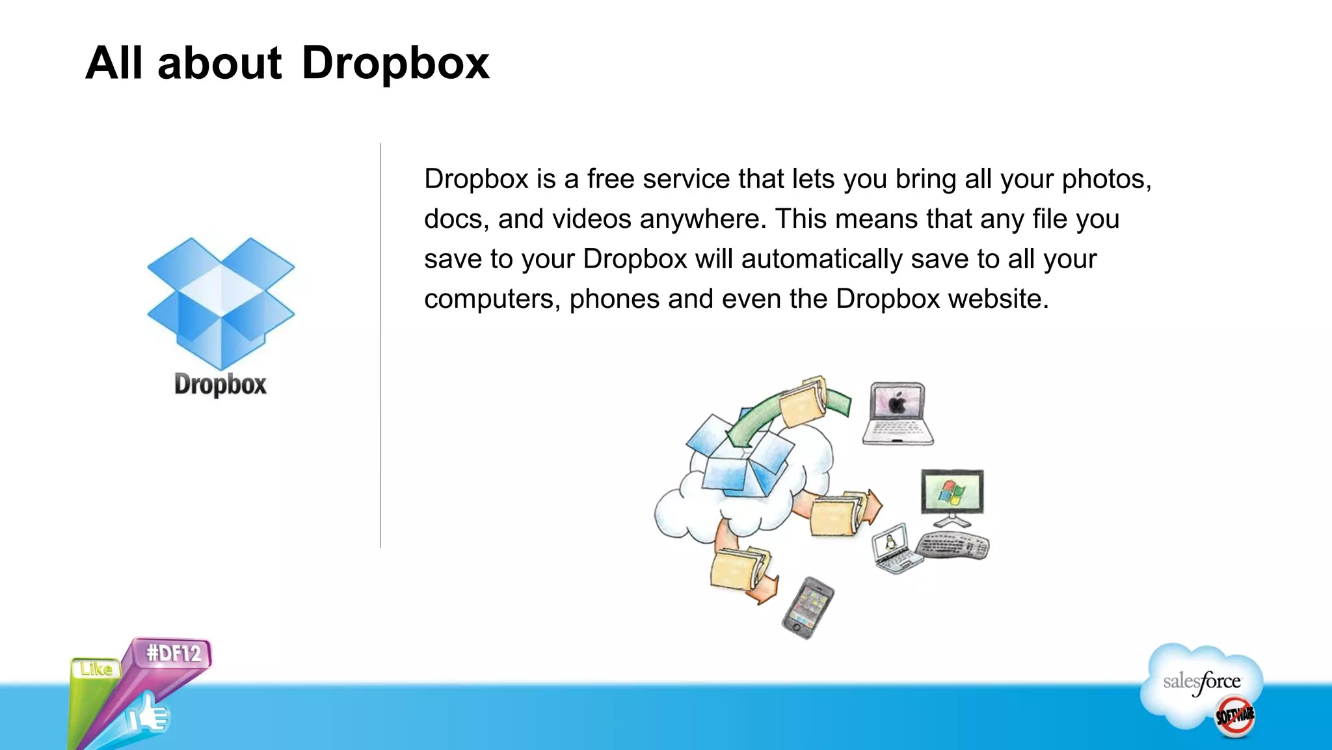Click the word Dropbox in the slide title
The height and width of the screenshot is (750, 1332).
pos(395,64)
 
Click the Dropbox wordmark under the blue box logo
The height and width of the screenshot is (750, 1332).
pos(220,384)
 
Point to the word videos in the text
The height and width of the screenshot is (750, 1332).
pos(591,219)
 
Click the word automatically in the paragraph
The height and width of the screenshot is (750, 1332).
pos(821,260)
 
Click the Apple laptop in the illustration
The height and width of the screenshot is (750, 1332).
pos(898,414)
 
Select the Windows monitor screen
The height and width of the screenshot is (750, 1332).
pos(952,492)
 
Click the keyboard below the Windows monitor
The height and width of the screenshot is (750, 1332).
pos(953,546)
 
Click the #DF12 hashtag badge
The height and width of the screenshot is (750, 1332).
pos(174,653)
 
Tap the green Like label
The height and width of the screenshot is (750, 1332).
pos(96,669)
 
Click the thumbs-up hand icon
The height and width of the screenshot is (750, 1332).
pos(148,715)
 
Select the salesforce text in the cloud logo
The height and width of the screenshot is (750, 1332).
pos(1201,682)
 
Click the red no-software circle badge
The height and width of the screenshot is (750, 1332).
pos(1235,716)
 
